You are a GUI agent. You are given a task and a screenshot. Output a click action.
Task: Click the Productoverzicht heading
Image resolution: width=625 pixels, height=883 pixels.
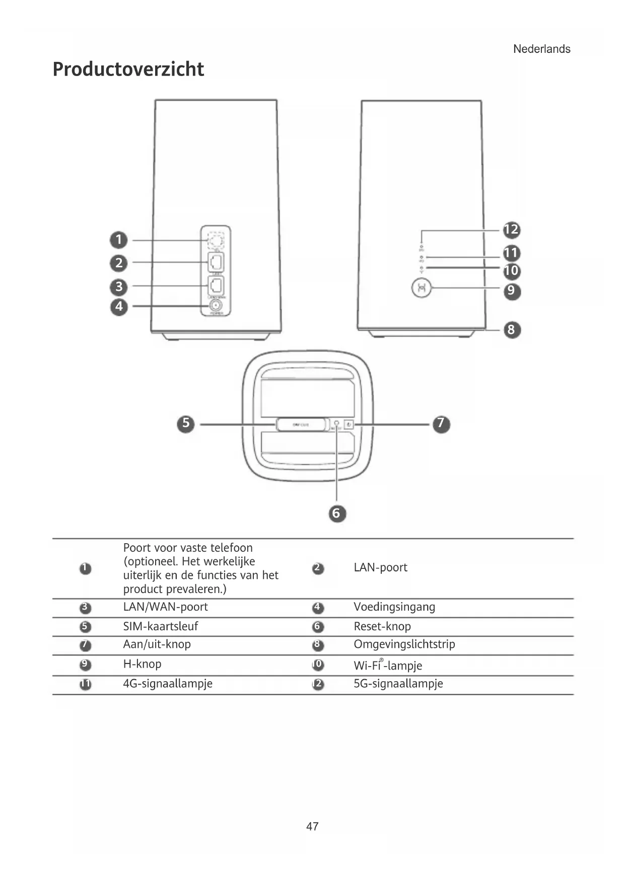128,69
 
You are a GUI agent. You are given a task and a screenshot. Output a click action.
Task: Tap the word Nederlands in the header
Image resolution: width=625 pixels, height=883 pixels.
541,49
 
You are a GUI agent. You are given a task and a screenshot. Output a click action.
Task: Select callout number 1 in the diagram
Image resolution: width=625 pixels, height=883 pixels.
119,240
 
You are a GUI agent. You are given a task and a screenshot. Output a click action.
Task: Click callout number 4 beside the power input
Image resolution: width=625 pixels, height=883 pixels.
119,306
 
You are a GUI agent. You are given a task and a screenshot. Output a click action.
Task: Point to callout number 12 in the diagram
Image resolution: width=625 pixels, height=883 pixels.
511,230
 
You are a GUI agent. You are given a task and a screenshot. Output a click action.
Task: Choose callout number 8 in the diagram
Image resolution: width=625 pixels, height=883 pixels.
511,330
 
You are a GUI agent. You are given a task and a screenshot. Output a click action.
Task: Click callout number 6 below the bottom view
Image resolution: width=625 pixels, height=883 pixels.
337,513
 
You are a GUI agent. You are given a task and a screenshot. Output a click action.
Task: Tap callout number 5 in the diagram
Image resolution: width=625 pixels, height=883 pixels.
186,423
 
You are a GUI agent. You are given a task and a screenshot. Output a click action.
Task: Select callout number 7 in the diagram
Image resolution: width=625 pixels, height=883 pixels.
441,423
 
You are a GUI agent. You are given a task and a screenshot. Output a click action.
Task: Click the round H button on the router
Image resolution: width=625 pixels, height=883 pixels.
422,288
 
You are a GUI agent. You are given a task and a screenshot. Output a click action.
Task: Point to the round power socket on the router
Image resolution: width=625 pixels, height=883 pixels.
216,305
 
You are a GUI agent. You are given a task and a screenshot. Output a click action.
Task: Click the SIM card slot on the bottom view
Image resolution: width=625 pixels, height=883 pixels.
301,424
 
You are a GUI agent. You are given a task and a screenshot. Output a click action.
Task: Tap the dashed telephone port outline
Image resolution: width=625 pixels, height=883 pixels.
216,240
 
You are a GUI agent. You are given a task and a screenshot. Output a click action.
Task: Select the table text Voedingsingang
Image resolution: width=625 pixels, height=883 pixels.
394,607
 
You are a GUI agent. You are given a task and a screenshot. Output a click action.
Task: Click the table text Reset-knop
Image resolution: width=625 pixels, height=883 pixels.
382,626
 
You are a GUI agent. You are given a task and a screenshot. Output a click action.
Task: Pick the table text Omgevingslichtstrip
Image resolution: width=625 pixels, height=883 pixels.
404,644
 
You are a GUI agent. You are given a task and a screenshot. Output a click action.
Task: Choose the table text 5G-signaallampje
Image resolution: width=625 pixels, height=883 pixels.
398,684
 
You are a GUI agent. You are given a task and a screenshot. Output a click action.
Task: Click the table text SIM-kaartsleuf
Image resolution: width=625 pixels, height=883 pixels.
161,626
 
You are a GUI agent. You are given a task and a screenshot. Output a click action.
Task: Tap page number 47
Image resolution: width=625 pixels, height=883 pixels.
312,826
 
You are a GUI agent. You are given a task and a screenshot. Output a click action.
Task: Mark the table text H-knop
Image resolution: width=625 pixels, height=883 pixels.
142,664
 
